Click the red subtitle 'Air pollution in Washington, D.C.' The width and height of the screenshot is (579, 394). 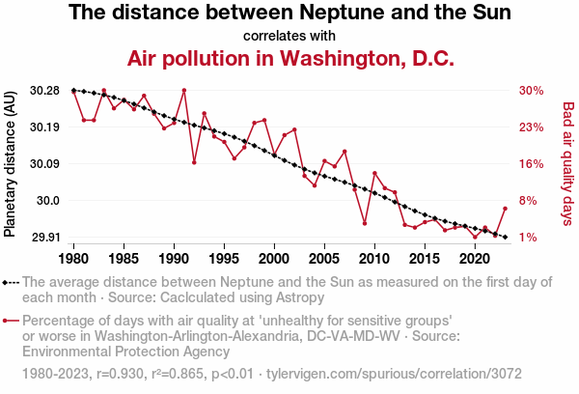[290, 58]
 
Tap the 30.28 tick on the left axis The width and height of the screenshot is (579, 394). [44, 91]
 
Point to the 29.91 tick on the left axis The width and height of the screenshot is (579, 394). [44, 238]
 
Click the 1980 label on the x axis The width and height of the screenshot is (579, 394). [74, 259]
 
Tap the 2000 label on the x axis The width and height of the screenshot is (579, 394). [274, 259]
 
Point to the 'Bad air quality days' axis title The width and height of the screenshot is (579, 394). [568, 164]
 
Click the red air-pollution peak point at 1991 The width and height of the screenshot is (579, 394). [183, 91]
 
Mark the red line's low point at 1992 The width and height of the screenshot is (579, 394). [194, 162]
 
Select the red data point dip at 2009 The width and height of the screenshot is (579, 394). [364, 223]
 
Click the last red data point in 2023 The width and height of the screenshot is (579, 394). [505, 209]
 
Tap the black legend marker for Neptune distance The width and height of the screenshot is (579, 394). [12, 282]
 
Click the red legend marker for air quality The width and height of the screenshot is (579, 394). [12, 321]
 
